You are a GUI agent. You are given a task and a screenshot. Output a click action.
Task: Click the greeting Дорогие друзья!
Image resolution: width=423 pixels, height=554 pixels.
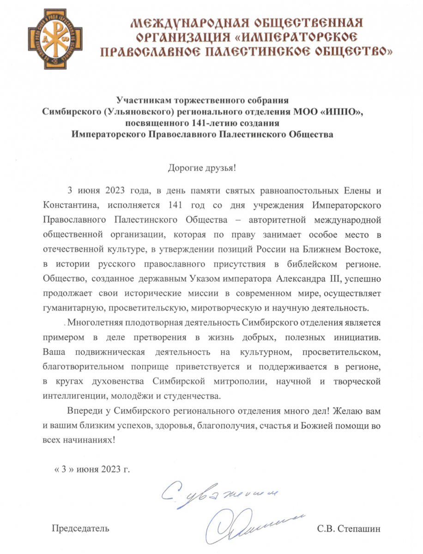(x=201, y=167)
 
